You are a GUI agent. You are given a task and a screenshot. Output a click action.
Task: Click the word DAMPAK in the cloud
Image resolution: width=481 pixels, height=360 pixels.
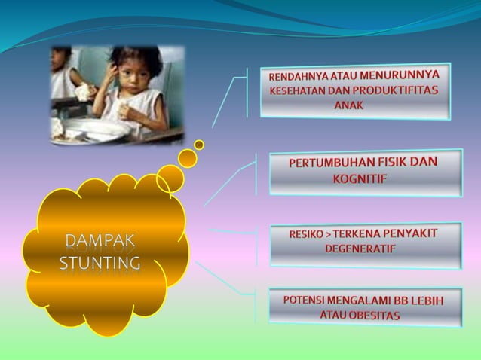point(100,241)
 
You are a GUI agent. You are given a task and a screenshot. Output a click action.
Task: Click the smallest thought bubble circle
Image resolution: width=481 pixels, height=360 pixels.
point(199,144)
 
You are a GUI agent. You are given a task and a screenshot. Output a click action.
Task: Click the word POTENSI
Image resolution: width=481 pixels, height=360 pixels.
point(305,300)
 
